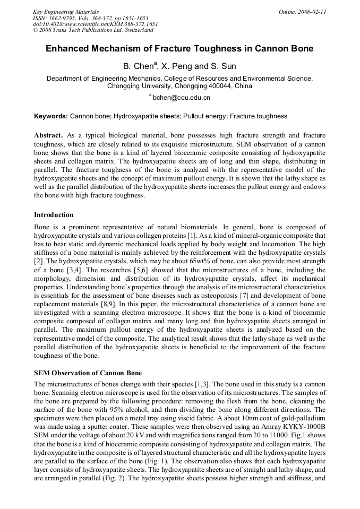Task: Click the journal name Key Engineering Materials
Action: point(65,12)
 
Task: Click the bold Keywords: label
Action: point(51,116)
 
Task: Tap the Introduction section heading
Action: point(54,215)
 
